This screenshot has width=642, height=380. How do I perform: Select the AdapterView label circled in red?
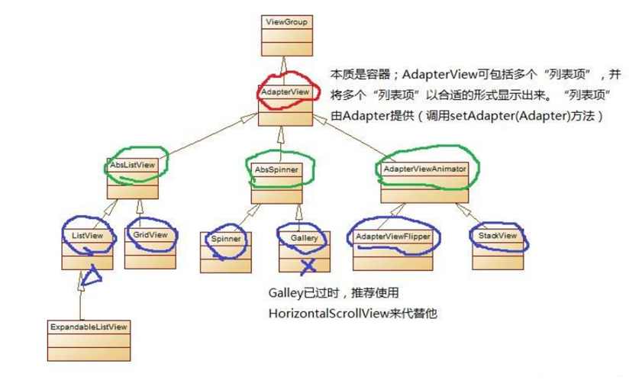pos(284,92)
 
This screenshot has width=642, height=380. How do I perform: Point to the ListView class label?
pos(82,237)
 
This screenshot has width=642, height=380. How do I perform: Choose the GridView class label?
pos(150,235)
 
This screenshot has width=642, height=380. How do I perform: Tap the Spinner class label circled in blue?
pos(225,239)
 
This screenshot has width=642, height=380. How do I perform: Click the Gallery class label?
pos(305,238)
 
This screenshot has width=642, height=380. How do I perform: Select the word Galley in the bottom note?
pos(284,293)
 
